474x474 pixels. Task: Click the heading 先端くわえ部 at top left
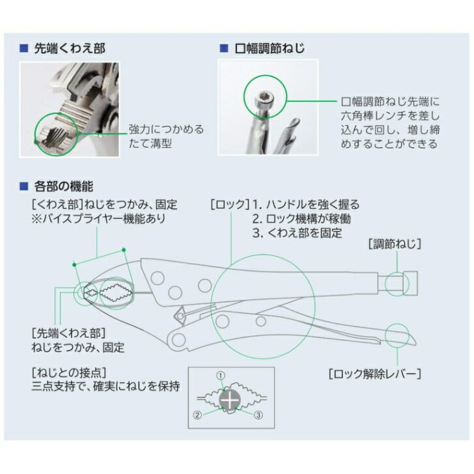[70, 48]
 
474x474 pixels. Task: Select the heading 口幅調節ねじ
[270, 48]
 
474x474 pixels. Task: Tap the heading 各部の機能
[64, 186]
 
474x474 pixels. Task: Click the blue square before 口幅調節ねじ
[224, 48]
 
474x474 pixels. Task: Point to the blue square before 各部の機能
[23, 186]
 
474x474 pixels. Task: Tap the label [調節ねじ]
[395, 244]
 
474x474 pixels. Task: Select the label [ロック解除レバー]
[375, 374]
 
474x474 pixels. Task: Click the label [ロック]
[230, 204]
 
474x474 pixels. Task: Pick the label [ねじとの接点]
[69, 372]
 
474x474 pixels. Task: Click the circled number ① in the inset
[221, 376]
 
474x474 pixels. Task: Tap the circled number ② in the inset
[197, 415]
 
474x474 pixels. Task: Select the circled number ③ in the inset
[258, 415]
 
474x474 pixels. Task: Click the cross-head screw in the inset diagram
[230, 400]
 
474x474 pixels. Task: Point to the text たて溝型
[150, 143]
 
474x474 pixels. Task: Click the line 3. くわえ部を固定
[298, 233]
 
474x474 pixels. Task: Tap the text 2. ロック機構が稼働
[301, 219]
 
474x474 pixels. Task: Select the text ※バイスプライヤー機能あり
[99, 219]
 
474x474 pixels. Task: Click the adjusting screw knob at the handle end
[410, 283]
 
